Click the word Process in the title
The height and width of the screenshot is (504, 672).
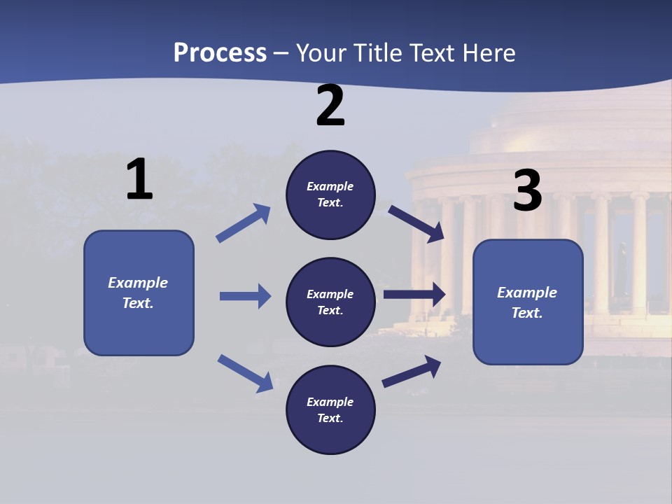pyautogui.click(x=220, y=52)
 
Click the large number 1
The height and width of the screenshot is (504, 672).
pyautogui.click(x=139, y=180)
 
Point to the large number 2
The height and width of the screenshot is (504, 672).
pyautogui.click(x=330, y=106)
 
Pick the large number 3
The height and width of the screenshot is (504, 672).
pyautogui.click(x=527, y=190)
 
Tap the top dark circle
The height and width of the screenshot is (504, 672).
pyautogui.click(x=330, y=195)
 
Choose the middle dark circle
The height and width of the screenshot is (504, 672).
pyautogui.click(x=330, y=302)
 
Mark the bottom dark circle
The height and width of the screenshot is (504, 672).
pyautogui.click(x=330, y=410)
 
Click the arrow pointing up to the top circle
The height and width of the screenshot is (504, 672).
pyautogui.click(x=244, y=223)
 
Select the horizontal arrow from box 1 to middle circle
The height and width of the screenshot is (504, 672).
pyautogui.click(x=245, y=296)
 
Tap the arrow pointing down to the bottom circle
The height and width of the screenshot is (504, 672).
pyautogui.click(x=245, y=372)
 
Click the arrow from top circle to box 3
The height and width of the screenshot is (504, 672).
pyautogui.click(x=416, y=223)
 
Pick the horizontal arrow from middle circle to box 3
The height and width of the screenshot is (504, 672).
pyautogui.click(x=414, y=295)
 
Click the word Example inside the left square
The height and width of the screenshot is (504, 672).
pyautogui.click(x=138, y=283)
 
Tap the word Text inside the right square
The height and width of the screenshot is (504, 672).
pyautogui.click(x=526, y=313)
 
